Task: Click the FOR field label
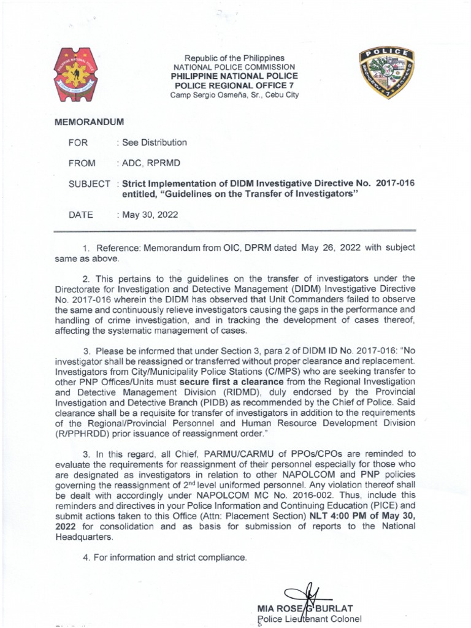tap(78, 143)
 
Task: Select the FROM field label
tap(82, 163)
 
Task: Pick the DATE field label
tap(81, 215)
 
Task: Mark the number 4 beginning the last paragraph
tap(84, 557)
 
